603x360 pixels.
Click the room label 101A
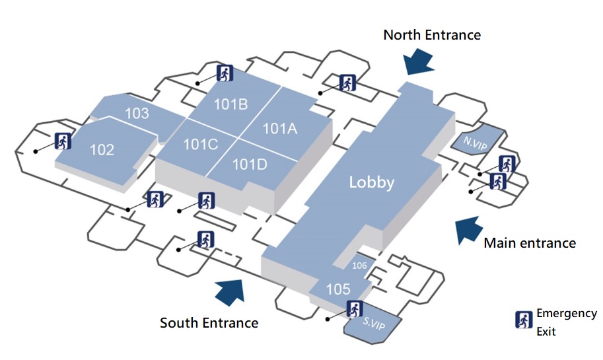(280, 128)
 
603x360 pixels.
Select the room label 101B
(231, 104)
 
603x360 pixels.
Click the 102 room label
(102, 150)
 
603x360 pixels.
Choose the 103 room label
(137, 113)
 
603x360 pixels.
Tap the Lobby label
(371, 183)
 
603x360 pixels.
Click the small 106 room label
(360, 266)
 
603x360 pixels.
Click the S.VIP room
(373, 324)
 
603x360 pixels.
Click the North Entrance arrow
(417, 61)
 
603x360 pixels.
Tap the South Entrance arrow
(229, 291)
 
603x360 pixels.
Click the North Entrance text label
(432, 34)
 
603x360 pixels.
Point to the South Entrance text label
(209, 323)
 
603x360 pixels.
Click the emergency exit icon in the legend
(524, 320)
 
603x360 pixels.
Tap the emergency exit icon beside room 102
(63, 141)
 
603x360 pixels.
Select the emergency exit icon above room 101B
(225, 73)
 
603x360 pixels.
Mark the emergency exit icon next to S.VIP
(355, 308)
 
